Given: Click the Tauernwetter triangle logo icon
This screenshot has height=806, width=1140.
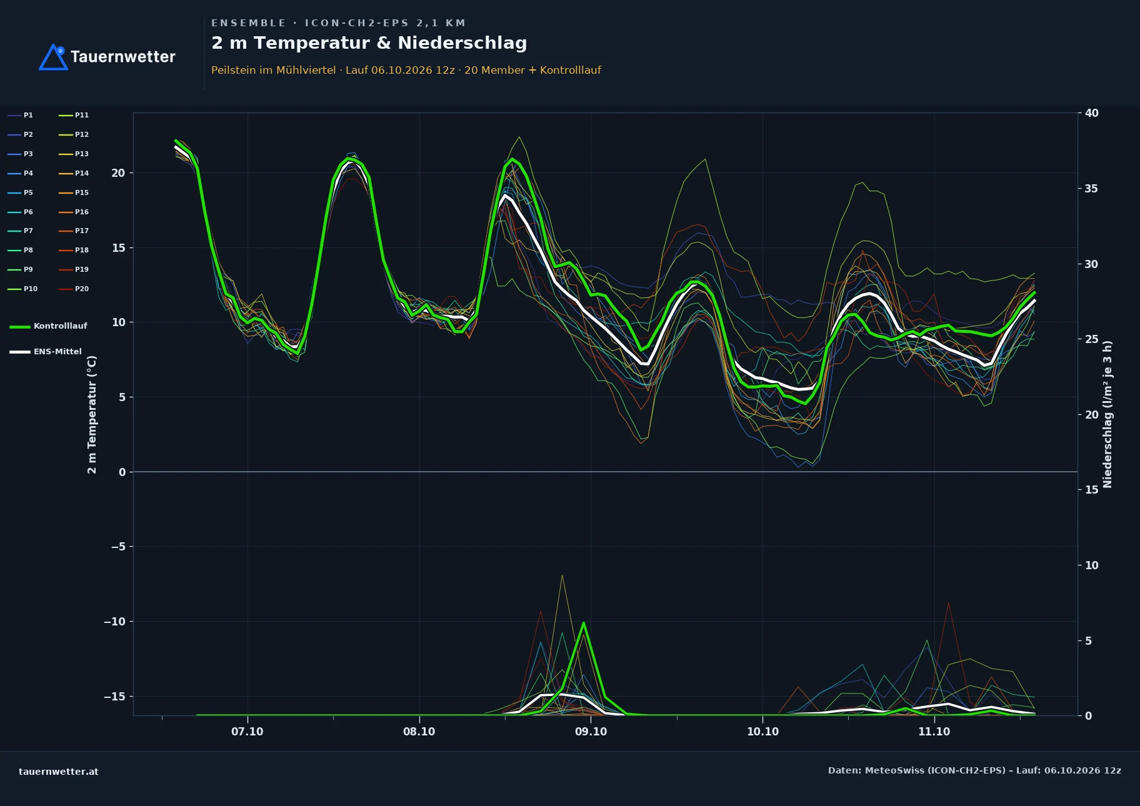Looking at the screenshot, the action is point(53,57).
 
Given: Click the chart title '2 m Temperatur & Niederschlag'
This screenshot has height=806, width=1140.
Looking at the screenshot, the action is point(369,43).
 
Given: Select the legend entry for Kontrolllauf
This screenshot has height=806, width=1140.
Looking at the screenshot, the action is point(49,326).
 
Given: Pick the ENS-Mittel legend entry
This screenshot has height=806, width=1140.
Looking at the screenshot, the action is point(46,352).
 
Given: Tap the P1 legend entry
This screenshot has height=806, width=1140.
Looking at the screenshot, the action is point(21,116).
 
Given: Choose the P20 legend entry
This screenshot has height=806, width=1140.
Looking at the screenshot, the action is point(74,289).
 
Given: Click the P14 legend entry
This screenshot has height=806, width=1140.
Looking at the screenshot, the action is point(74,174).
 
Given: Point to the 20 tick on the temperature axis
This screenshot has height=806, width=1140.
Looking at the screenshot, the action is point(118,173).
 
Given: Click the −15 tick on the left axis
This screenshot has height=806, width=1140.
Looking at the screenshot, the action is point(115,697).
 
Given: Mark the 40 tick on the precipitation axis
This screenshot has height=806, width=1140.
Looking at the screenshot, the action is point(1091,113).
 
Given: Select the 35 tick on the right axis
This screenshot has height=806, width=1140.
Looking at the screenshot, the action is point(1091,189).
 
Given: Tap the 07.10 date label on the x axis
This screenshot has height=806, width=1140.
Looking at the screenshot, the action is point(247,732).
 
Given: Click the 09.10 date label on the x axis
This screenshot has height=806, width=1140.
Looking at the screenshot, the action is point(591,732).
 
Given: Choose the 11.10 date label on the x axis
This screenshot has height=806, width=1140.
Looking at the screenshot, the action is point(934,732).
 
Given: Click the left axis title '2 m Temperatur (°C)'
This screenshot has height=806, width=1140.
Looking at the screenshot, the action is point(92,414).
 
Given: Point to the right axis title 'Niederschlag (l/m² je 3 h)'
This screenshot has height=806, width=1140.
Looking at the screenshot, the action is point(1107,414).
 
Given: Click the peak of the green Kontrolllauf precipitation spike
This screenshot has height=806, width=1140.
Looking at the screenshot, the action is point(583,623).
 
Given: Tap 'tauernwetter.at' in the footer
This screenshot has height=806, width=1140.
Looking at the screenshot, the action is point(59,772).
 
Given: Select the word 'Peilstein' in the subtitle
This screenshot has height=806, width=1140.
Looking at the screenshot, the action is point(234,70).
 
